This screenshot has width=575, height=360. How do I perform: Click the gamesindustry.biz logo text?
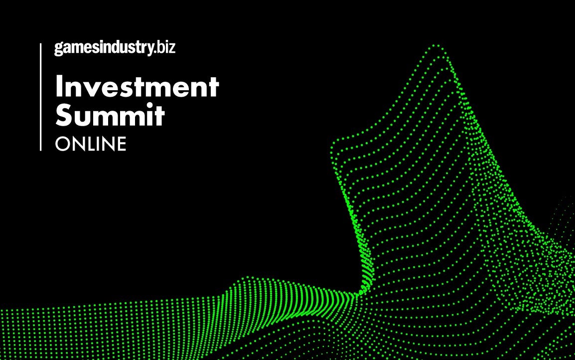[115, 48]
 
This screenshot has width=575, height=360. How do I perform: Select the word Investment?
[137, 87]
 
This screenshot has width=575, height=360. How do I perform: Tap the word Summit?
[110, 115]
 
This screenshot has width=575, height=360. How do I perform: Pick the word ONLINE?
[91, 144]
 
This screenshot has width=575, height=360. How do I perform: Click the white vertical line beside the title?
[41, 97]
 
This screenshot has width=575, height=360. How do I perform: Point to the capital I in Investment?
[59, 87]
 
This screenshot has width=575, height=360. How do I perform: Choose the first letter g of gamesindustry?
[59, 49]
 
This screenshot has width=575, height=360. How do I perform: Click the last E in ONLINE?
[121, 144]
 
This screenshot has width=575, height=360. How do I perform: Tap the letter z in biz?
[171, 48]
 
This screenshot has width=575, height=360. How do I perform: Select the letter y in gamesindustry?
[149, 49]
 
